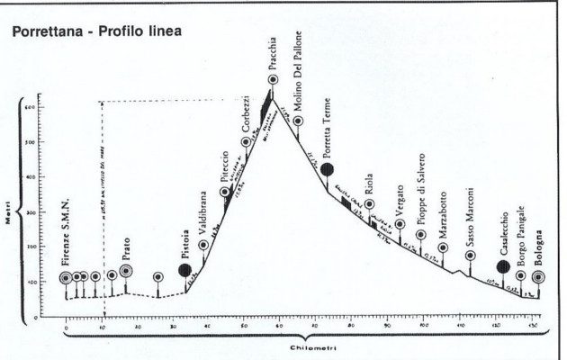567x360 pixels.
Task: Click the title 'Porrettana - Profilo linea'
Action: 97,32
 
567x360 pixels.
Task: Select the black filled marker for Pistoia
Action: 184,269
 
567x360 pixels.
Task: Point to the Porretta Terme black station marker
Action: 329,168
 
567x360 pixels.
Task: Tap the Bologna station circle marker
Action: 538,277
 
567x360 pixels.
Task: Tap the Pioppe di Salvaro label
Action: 420,195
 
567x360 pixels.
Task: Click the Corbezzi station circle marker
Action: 246,141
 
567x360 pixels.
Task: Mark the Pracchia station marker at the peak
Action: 272,81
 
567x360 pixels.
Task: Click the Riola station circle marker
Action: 369,205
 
